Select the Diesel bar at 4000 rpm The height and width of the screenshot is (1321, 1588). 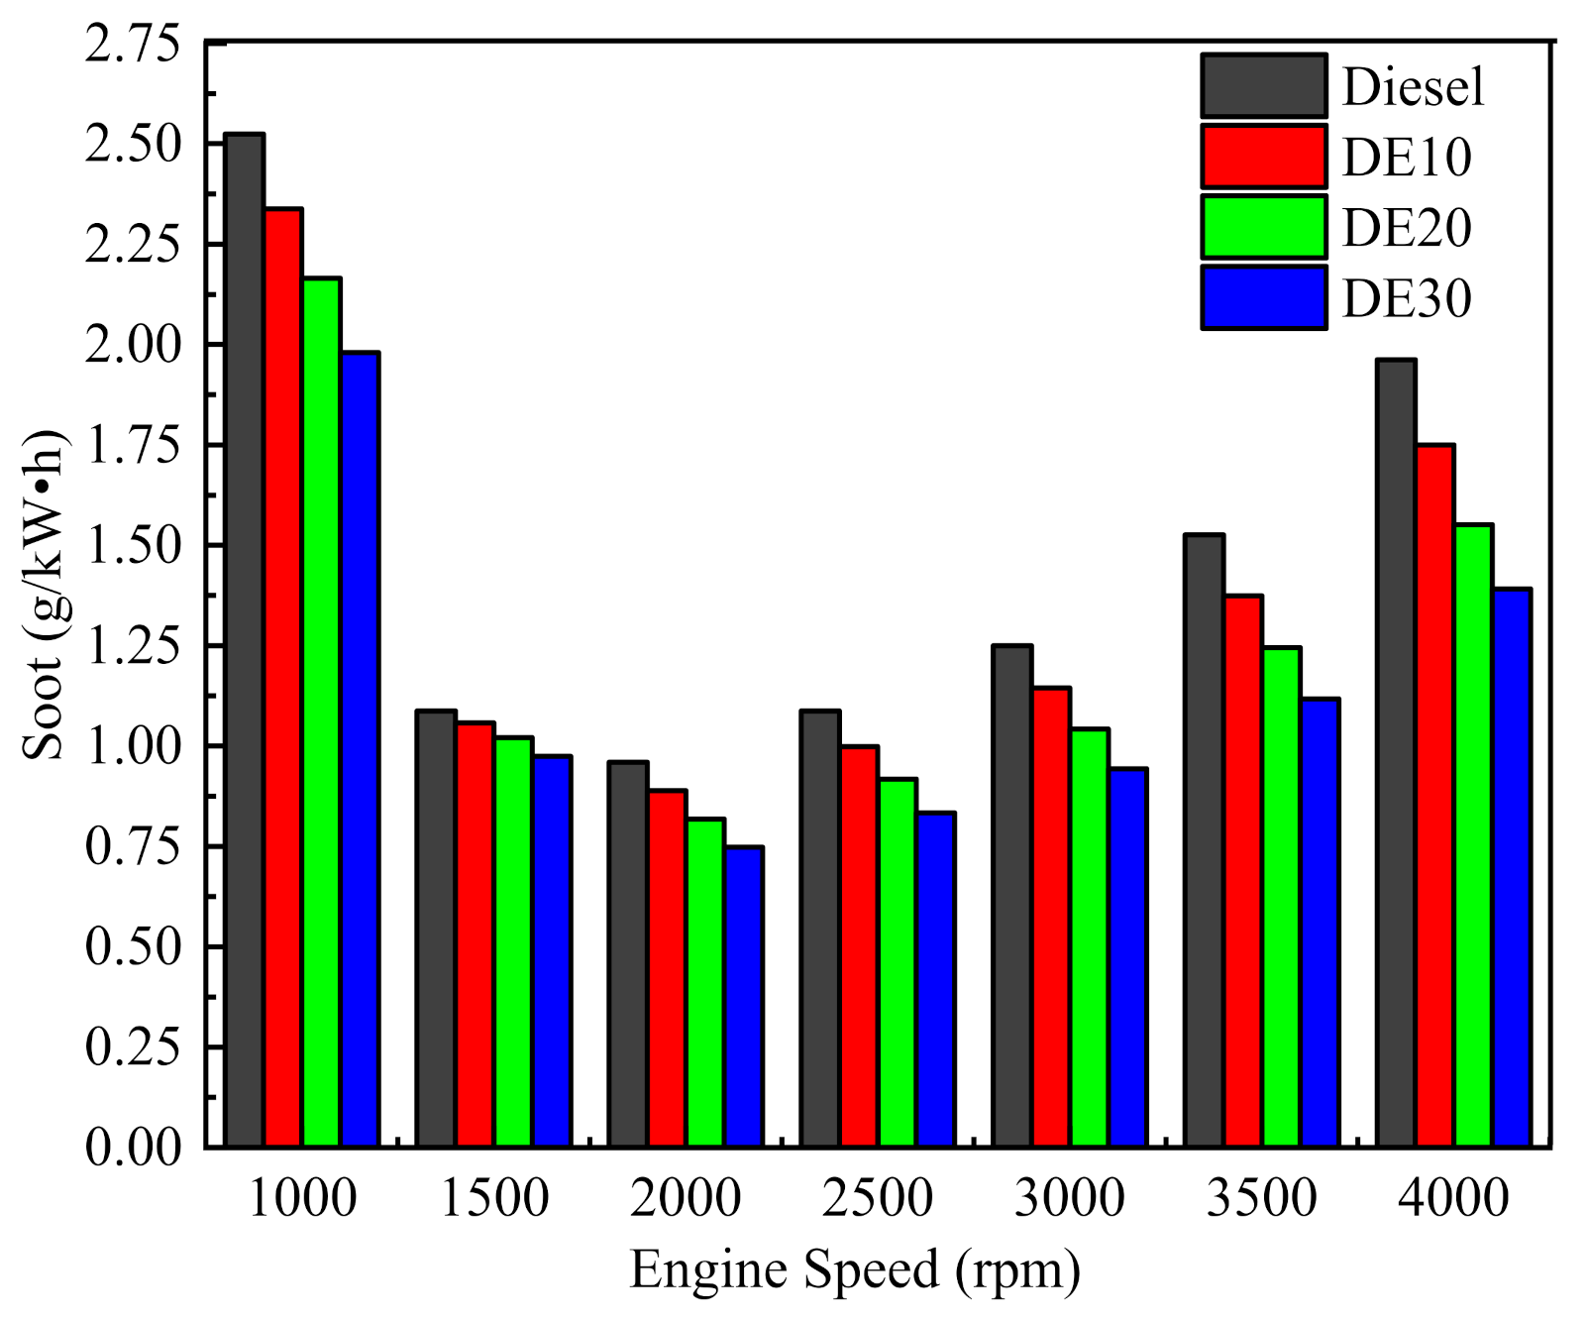1397,753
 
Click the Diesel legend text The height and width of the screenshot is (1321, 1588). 1413,87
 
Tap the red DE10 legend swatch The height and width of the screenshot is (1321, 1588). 1264,157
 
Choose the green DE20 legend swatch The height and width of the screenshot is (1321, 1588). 1264,227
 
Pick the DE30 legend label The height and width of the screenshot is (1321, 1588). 1407,298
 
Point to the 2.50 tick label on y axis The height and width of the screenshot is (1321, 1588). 135,145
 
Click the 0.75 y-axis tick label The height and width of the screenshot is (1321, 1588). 135,846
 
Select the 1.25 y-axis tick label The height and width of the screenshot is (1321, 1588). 135,646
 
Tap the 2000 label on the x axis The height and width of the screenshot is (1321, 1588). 686,1198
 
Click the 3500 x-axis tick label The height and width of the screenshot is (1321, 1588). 1262,1198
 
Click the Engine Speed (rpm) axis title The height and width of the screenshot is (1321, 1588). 856,1270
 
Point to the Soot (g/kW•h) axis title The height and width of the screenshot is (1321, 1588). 44,595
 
